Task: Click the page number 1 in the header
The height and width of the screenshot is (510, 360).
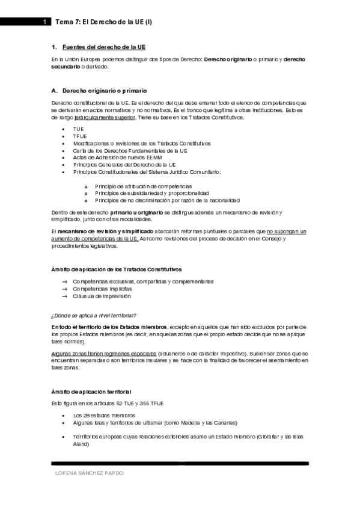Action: [x=44, y=22]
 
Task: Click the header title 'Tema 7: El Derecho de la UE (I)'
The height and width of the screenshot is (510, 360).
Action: [x=103, y=22]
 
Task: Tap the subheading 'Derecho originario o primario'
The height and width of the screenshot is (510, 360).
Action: [x=104, y=90]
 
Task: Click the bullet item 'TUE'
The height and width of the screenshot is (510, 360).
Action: [x=79, y=129]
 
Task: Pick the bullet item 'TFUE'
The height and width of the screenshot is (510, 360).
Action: [x=80, y=137]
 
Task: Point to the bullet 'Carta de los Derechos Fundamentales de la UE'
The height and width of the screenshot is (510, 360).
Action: [x=130, y=150]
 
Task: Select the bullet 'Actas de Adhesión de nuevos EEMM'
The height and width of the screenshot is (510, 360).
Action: [x=117, y=158]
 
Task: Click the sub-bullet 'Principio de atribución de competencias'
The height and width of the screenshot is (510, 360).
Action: [x=143, y=186]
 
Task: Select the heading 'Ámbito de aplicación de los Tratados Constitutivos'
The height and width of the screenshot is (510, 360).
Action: [x=117, y=269]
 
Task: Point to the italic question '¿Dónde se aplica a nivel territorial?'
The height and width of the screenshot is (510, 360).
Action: [x=94, y=315]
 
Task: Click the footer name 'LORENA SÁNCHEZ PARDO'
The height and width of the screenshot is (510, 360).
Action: [x=89, y=473]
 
